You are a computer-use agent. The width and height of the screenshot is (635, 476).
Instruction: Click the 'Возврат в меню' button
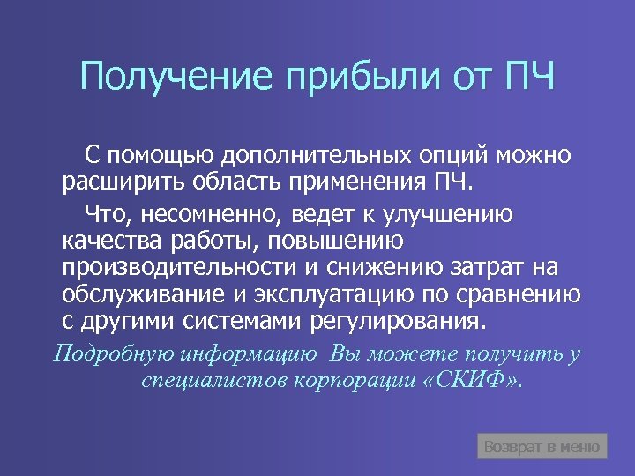pos(542,447)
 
